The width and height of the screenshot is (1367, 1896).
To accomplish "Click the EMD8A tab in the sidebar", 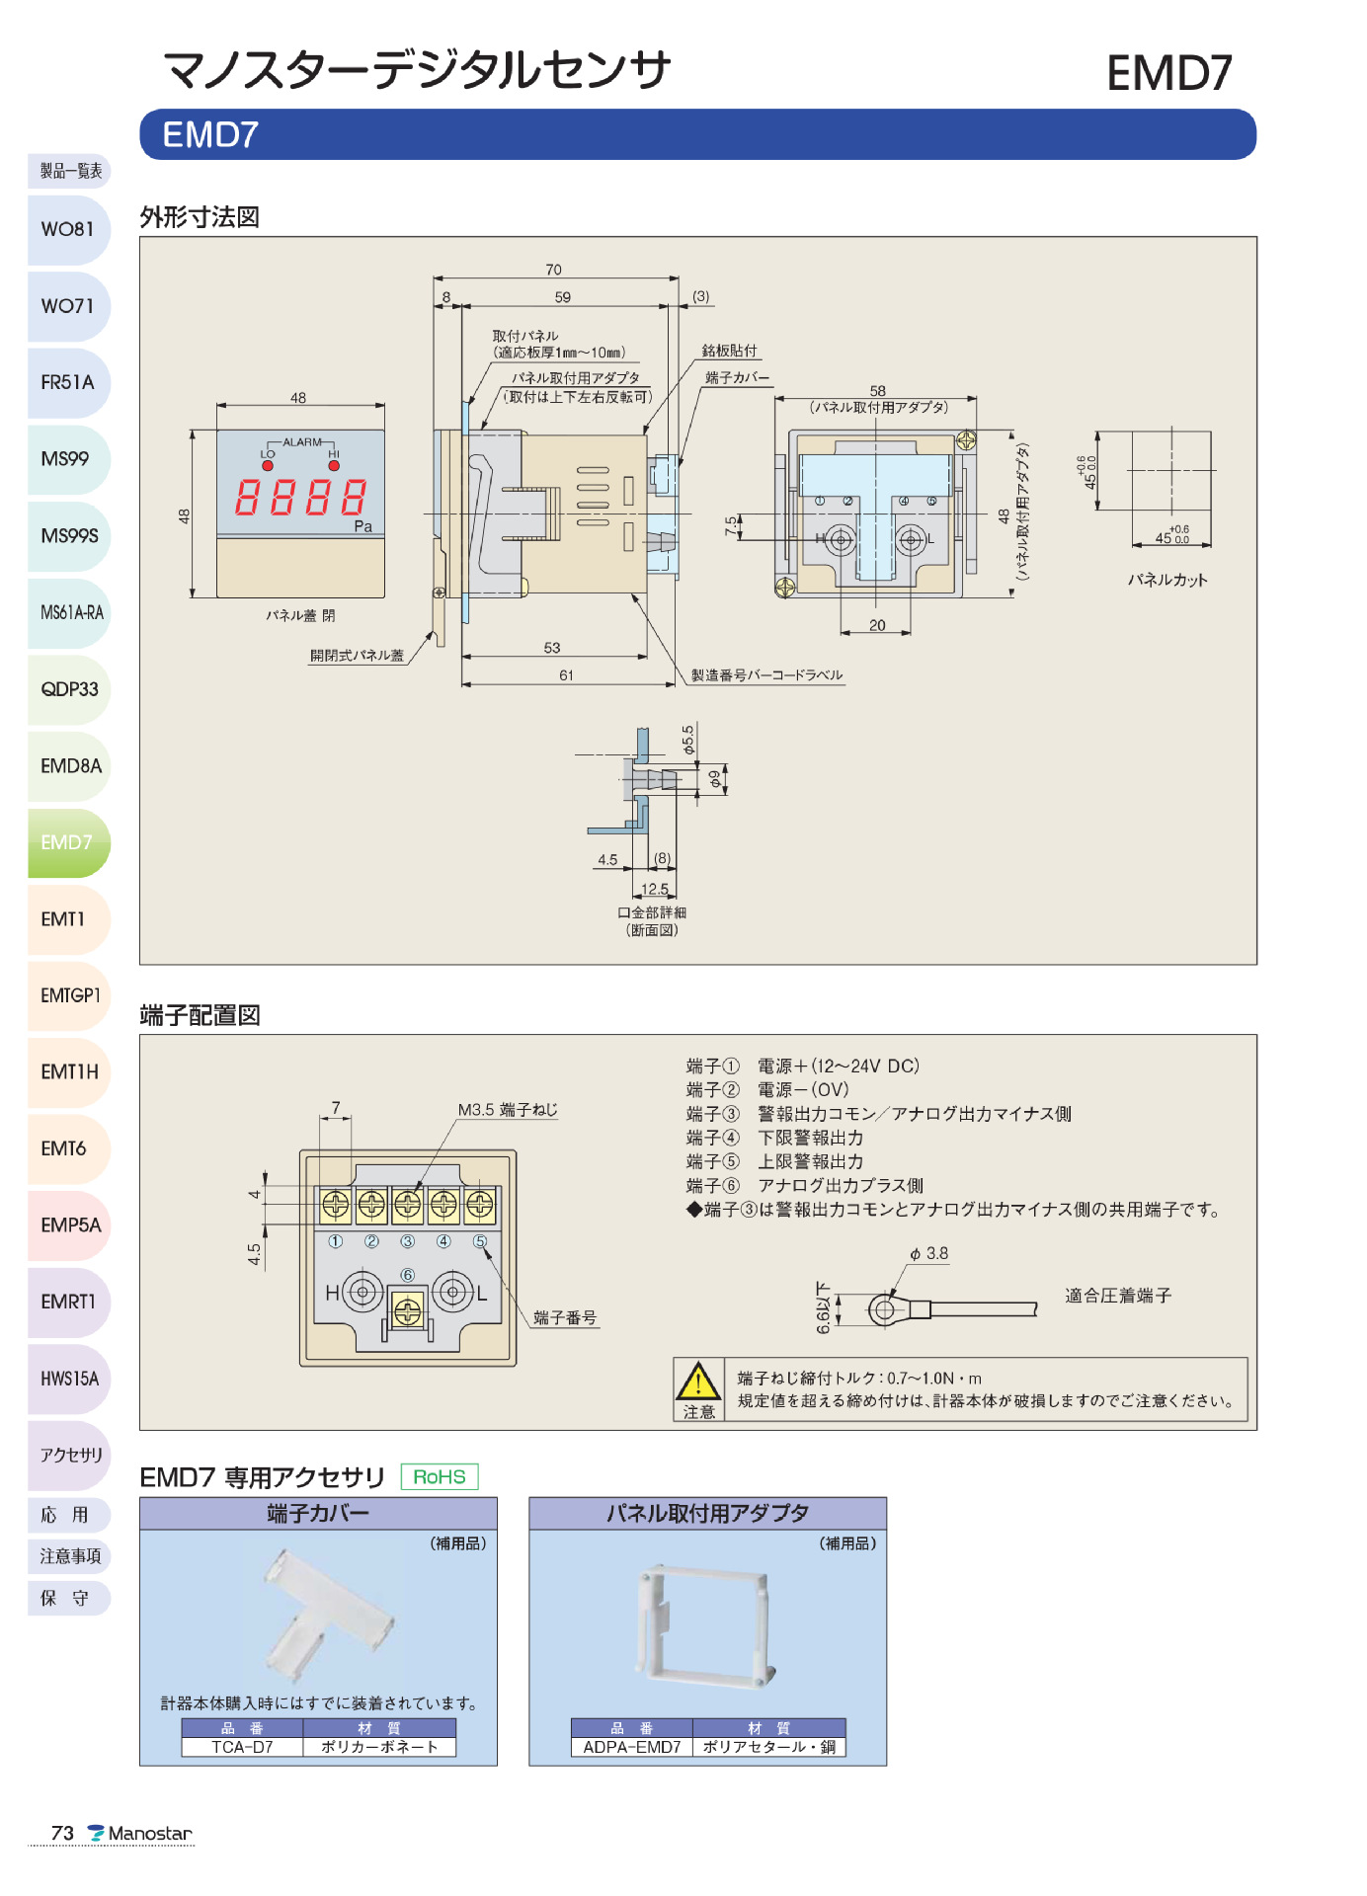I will [x=69, y=766].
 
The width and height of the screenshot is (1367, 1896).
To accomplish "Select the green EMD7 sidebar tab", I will [x=67, y=842].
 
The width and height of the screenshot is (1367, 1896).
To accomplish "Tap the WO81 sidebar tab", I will [x=67, y=229].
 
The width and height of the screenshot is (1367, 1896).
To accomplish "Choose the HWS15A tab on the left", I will [x=69, y=1379].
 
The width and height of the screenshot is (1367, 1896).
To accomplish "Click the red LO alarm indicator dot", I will [x=268, y=465].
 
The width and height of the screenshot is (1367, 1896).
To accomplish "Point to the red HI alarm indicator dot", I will [x=334, y=465].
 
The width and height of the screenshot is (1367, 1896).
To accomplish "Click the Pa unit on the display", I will [x=363, y=526].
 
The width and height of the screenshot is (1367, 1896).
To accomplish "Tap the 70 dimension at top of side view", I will [x=553, y=270].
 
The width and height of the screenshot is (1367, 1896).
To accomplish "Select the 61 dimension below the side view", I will [x=566, y=675].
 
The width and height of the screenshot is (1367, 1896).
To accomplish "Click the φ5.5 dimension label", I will [x=687, y=740].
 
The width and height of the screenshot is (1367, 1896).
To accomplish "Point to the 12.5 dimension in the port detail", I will [x=654, y=889].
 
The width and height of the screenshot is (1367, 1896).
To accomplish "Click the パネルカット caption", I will [x=1167, y=580].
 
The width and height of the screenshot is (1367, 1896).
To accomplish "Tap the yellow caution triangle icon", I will [x=698, y=1382].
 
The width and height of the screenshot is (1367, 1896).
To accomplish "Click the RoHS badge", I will [x=440, y=1476].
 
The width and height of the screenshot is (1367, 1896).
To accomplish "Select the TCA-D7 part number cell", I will [x=242, y=1747].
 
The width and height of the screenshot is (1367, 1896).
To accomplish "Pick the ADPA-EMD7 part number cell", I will [x=632, y=1747].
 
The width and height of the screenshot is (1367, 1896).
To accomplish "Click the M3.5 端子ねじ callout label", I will [x=508, y=1110].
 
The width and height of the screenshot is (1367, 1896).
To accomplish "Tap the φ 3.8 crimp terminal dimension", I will [x=928, y=1253].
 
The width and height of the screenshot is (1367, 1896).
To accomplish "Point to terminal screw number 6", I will [x=408, y=1311].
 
